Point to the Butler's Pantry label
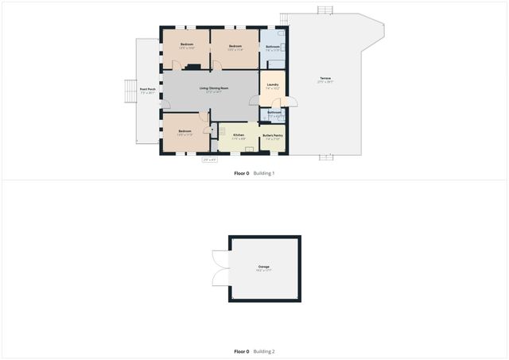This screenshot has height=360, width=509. click(x=272, y=137)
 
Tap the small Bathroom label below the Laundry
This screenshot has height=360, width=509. click(x=274, y=114)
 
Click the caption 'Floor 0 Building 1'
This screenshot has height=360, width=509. click(x=254, y=173)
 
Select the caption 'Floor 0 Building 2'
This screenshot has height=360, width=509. click(x=254, y=351)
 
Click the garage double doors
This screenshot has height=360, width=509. click(x=220, y=268)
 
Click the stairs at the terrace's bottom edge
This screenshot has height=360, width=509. click(x=326, y=157)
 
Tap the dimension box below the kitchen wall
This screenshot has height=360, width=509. click(x=210, y=160)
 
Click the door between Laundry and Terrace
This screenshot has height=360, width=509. click(x=292, y=101)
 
